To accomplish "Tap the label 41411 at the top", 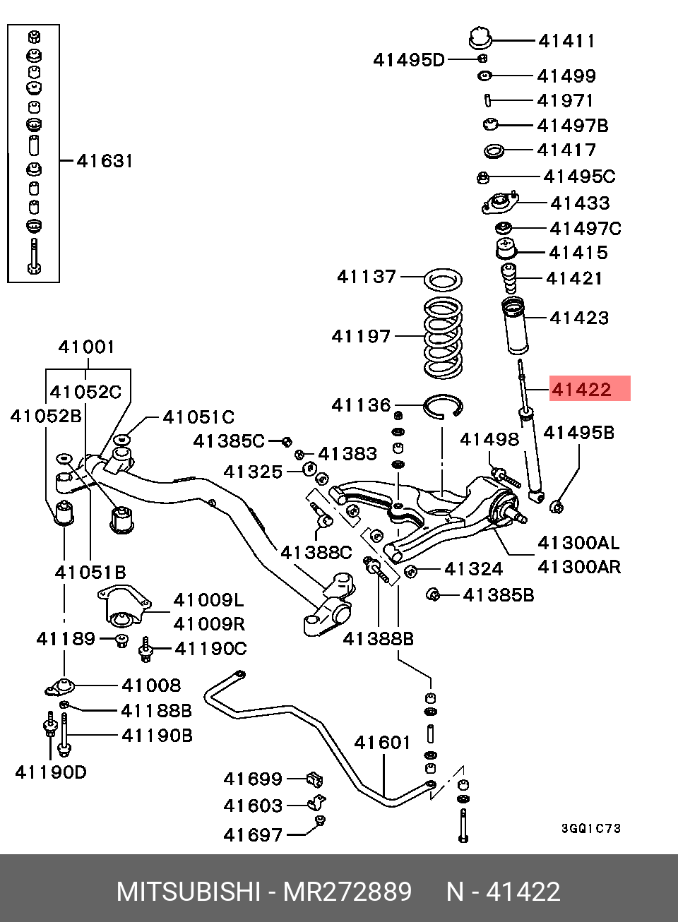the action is pos(566,41).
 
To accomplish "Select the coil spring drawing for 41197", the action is pos(443,337).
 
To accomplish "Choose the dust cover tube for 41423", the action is pos(515,325).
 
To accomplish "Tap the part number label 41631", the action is pos(105,160).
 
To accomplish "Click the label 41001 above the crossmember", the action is pos(86,347).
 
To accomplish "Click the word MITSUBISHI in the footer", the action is pos(188,892).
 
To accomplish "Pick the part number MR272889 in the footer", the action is pos(347,892).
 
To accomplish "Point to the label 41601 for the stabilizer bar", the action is pos(382,743).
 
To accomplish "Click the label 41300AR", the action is pos(579,567).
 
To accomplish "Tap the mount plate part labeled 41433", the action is pos(499,203).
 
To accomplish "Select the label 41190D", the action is pos(51,772).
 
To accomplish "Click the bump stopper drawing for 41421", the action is pos(509,278).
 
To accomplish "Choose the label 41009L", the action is pos(209,601).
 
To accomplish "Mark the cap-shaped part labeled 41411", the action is pos(480,38).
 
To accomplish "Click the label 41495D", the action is pos(409,61).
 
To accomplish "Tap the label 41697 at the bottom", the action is pos(253,835).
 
